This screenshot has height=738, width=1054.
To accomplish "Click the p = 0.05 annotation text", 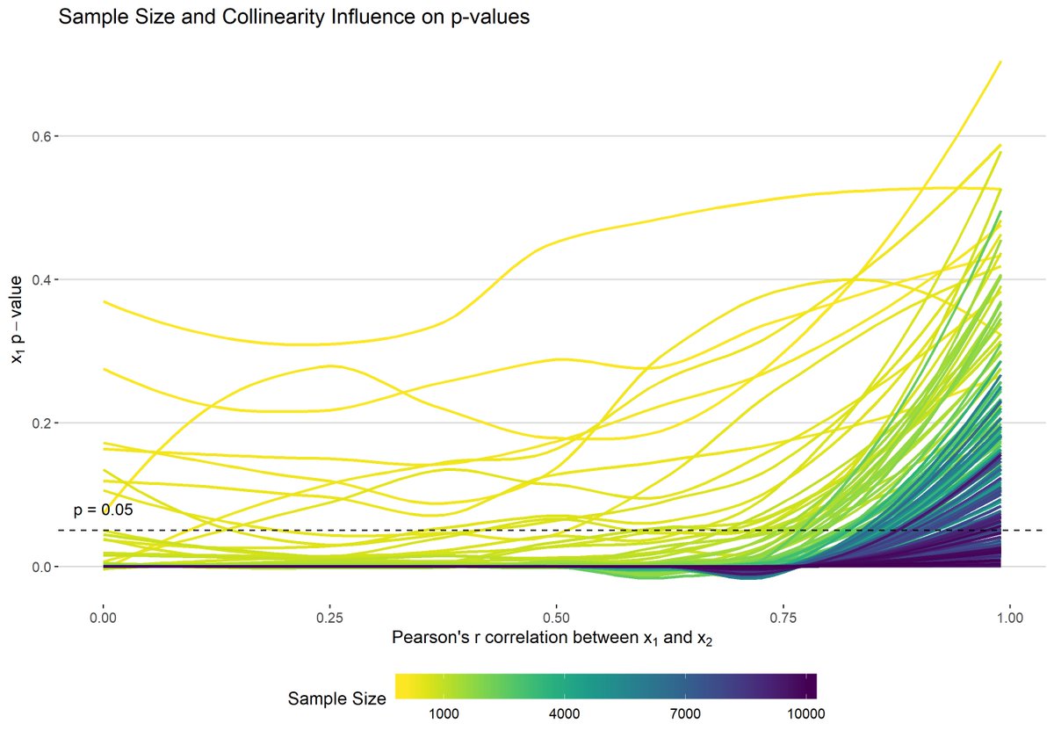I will click(103, 510).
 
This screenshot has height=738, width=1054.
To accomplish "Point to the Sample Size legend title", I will click(336, 699).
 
